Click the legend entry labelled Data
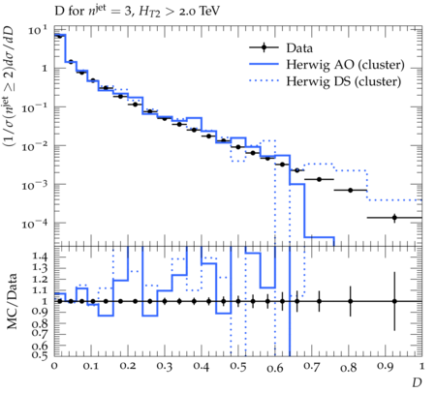pyautogui.click(x=299, y=48)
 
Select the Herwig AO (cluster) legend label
pyautogui.click(x=345, y=65)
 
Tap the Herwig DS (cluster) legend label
pyautogui.click(x=344, y=81)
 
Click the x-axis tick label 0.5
pyautogui.click(x=238, y=367)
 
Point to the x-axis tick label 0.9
pyautogui.click(x=386, y=367)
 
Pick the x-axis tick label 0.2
pyautogui.click(x=128, y=367)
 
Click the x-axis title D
pyautogui.click(x=417, y=382)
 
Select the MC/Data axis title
pyautogui.click(x=12, y=301)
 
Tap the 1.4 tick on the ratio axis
pyautogui.click(x=40, y=257)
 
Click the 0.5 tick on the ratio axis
pyautogui.click(x=40, y=355)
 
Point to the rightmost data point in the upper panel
pyautogui.click(x=394, y=218)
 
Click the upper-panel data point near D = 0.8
pyautogui.click(x=351, y=191)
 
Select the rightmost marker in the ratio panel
pyautogui.click(x=394, y=301)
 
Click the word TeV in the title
pyautogui.click(x=209, y=12)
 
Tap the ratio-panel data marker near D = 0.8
pyautogui.click(x=351, y=301)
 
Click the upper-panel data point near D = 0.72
pyautogui.click(x=319, y=179)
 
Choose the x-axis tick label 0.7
pyautogui.click(x=312, y=367)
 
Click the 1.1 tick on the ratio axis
pyautogui.click(x=40, y=290)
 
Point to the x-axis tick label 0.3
pyautogui.click(x=165, y=367)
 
